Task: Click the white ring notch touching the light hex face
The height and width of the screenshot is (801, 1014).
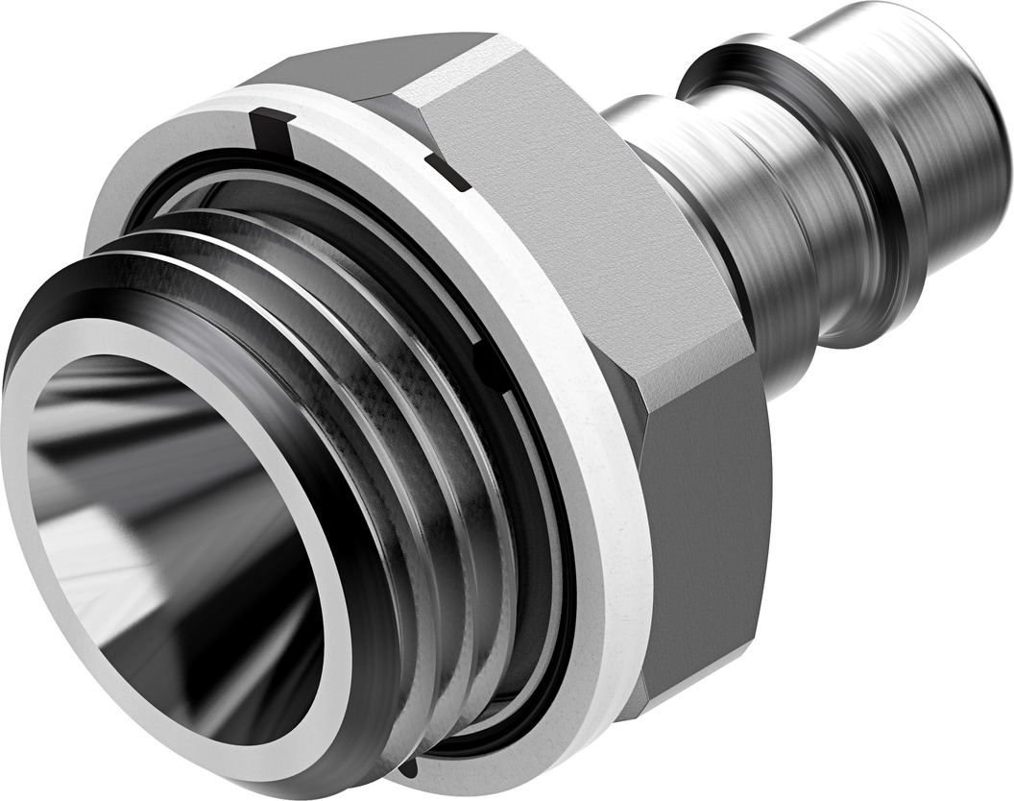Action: point(447,173)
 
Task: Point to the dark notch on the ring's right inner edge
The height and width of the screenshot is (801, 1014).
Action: point(491,369)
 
